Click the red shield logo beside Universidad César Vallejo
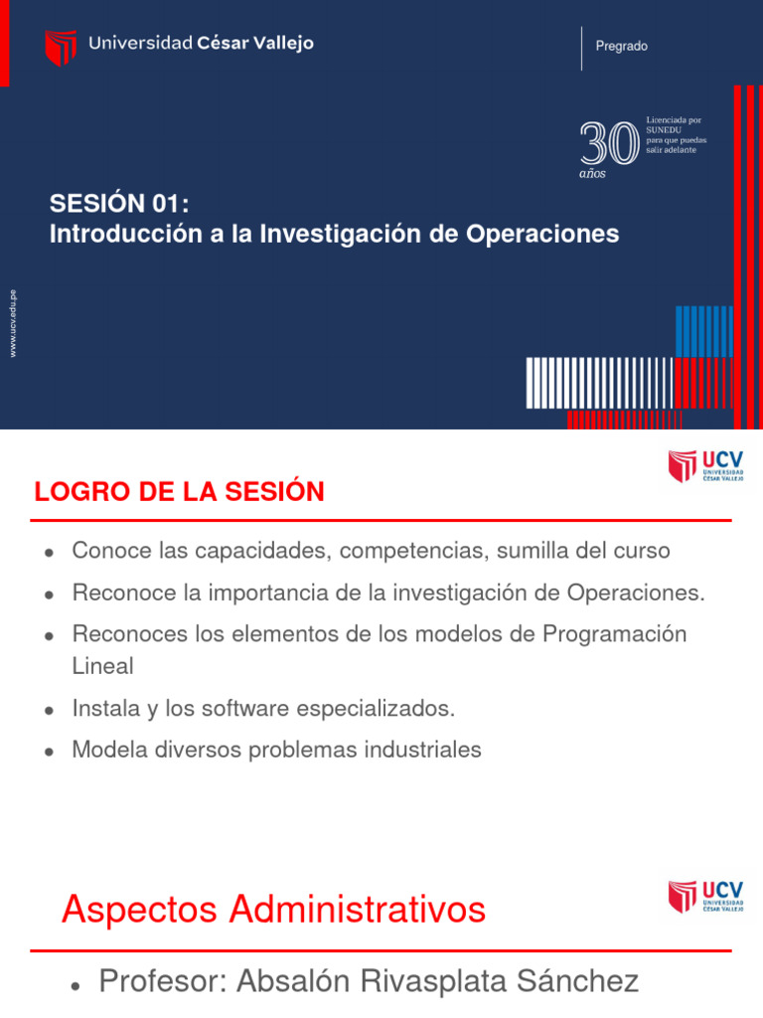pos(61,47)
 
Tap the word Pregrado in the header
pos(621,47)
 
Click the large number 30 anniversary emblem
pos(608,144)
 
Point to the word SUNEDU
pos(663,130)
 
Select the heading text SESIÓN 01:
pos(119,204)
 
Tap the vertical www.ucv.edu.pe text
pos(13,323)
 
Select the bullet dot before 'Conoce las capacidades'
pos(48,553)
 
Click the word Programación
pos(614,634)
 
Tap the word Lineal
pos(102,666)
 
